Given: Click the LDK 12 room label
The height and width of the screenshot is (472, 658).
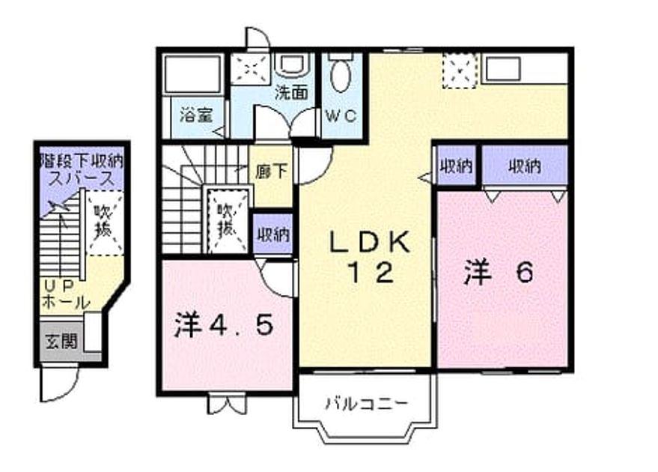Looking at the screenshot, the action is click(x=370, y=258).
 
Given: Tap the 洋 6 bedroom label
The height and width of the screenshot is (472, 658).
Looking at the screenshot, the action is click(x=499, y=272).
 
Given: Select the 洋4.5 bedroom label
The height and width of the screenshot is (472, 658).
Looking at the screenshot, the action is click(x=224, y=324).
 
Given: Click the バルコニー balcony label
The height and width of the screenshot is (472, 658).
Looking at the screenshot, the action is click(x=366, y=404).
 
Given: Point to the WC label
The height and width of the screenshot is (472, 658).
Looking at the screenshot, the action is click(x=341, y=116).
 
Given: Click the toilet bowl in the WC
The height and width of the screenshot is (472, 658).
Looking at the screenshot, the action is click(x=341, y=76).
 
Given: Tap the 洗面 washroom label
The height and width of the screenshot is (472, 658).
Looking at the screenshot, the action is click(x=291, y=93).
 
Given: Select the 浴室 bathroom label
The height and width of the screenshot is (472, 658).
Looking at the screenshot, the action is click(x=196, y=114).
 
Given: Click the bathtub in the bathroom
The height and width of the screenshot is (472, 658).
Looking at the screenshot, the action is click(x=192, y=74).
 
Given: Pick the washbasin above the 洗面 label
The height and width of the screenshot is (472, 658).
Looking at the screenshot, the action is click(x=292, y=65).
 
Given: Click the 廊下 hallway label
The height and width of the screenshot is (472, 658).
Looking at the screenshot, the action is click(x=272, y=171).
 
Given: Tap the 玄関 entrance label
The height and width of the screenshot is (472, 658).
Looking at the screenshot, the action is click(x=61, y=342).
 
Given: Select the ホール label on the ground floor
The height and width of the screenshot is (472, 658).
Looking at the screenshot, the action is click(x=66, y=303).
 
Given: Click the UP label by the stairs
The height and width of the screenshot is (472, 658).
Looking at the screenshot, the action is click(x=60, y=286).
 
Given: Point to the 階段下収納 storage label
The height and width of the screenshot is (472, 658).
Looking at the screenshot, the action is click(x=82, y=160).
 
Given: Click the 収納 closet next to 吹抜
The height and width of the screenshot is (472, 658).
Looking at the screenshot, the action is click(x=272, y=234).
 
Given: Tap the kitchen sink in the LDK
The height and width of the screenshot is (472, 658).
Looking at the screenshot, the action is click(x=503, y=69).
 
